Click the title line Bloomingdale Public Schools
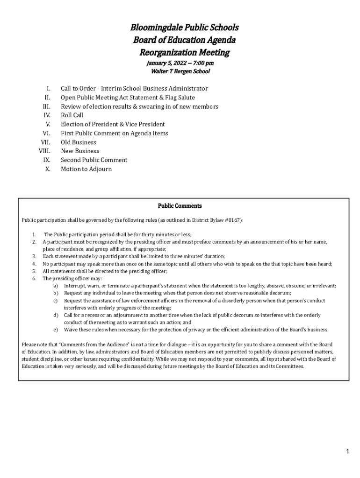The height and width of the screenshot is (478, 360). (184, 28)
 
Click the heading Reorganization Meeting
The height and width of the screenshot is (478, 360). (184, 52)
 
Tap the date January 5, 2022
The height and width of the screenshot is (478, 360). (163, 63)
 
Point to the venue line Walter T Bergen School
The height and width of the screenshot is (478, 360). (180, 72)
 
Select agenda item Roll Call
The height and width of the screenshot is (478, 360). (72, 115)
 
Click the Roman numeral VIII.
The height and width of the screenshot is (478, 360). (44, 151)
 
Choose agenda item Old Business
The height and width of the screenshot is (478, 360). (79, 142)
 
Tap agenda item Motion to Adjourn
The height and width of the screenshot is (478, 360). (86, 169)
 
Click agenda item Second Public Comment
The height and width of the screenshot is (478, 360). (94, 160)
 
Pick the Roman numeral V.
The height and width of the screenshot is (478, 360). (48, 124)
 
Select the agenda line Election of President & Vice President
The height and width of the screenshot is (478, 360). (113, 124)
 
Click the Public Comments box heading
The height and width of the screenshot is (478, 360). (180, 206)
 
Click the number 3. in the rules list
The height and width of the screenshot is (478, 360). (34, 256)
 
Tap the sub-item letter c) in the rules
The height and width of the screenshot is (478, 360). (55, 301)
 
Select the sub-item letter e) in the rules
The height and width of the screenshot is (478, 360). (55, 330)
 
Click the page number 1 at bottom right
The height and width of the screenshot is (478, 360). (348, 451)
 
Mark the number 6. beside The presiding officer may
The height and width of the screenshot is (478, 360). (34, 278)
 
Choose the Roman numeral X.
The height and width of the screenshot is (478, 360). (48, 169)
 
